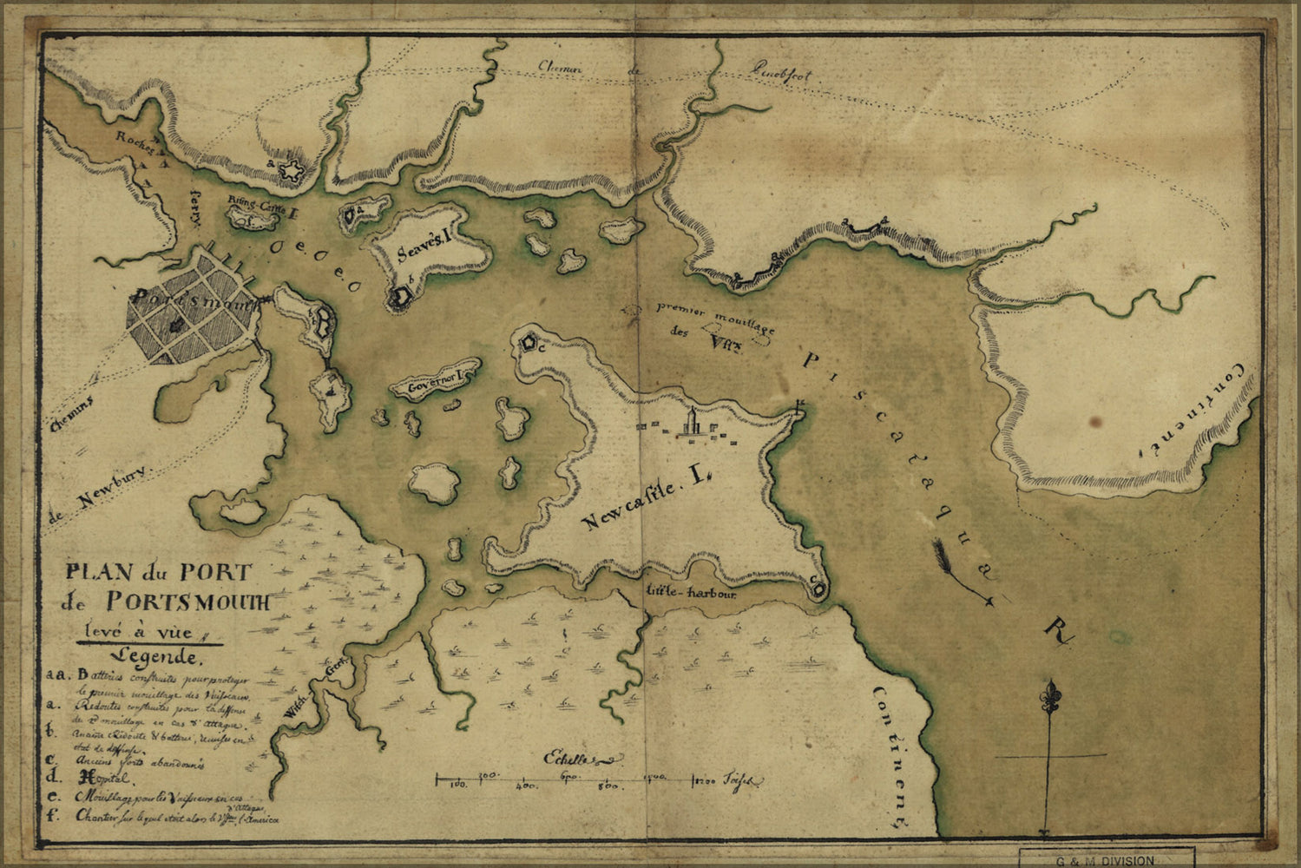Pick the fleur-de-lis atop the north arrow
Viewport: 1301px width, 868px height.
(1052, 696)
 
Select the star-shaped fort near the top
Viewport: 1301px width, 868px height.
(293, 169)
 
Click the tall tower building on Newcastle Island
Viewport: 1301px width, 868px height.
(692, 424)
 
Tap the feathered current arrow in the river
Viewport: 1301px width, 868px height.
(960, 571)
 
